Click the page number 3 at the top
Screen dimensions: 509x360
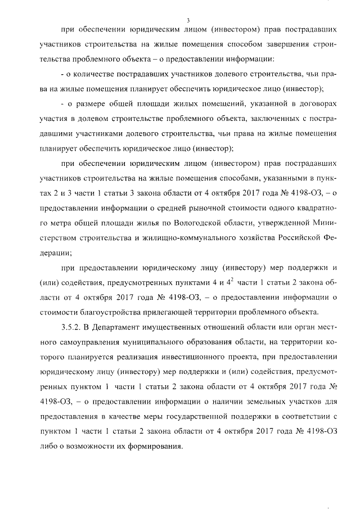[x=181, y=21]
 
